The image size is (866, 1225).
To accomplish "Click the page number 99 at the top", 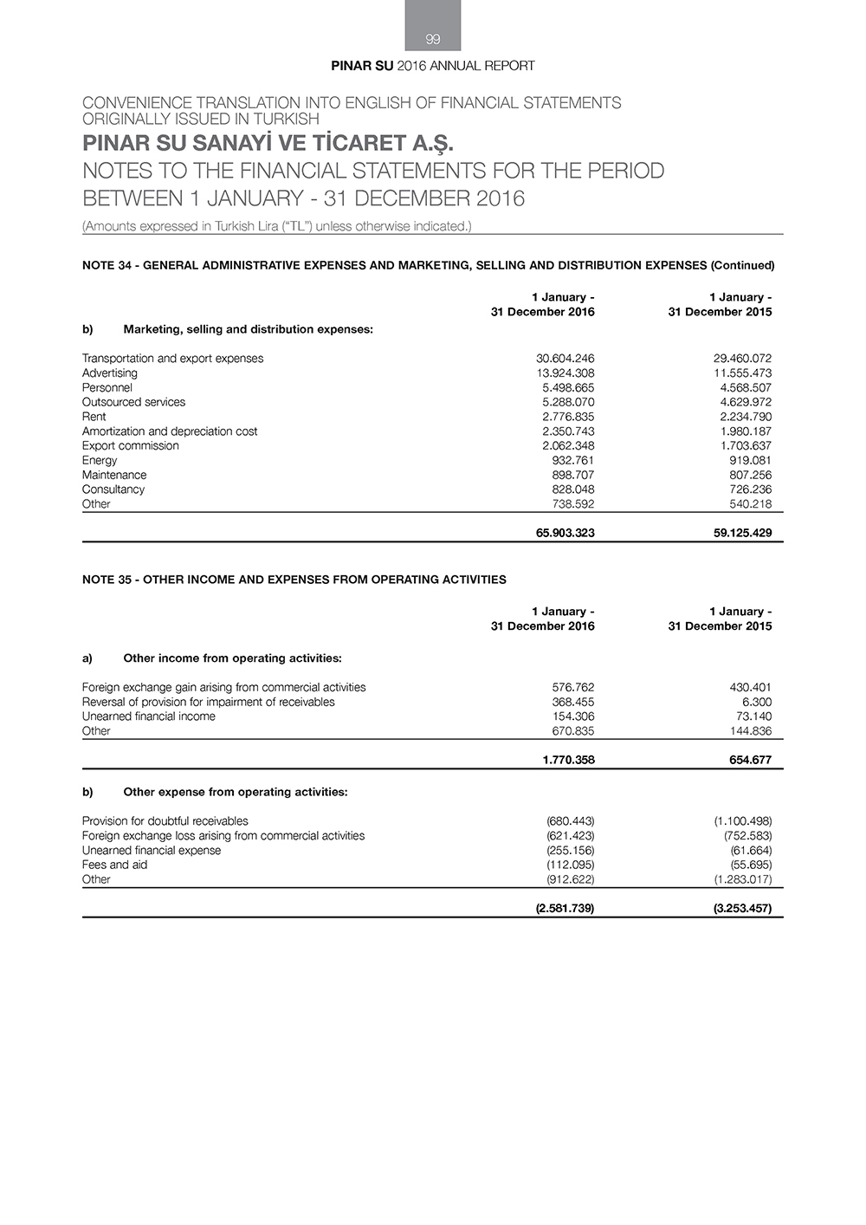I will click(x=433, y=39).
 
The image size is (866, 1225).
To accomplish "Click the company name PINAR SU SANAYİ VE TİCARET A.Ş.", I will click(x=268, y=143).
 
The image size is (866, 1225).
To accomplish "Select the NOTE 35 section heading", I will click(x=294, y=580).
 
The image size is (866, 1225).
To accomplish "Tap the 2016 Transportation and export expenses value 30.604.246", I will click(x=565, y=359).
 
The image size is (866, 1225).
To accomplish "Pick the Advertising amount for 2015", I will click(x=742, y=373).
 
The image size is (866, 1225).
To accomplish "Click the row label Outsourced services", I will click(x=133, y=402).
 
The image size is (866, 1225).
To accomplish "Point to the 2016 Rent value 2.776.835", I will click(x=568, y=417).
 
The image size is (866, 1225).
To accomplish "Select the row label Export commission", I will click(x=130, y=446).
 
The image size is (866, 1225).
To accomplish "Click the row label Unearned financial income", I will click(x=148, y=716).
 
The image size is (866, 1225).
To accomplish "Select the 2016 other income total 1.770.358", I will click(x=568, y=761).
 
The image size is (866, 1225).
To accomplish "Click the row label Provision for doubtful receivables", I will click(x=165, y=821).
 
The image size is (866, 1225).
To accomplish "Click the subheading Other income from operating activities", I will click(x=232, y=658).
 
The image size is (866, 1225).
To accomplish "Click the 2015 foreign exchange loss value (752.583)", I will click(x=747, y=836).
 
